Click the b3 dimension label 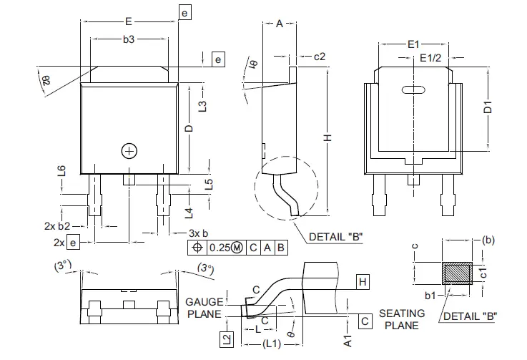tap(129, 40)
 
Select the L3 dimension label tap(202, 105)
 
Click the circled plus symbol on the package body tap(129, 151)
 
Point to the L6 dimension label tap(62, 170)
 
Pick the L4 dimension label tap(188, 212)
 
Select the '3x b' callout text tap(198, 233)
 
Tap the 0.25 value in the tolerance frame tap(220, 248)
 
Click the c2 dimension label tap(319, 56)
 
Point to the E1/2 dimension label tap(432, 57)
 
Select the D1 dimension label tap(488, 108)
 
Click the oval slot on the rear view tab tap(413, 90)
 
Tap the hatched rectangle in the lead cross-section tap(456, 274)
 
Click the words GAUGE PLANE tap(205, 307)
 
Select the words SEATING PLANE tap(401, 319)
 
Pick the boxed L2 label tap(227, 340)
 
